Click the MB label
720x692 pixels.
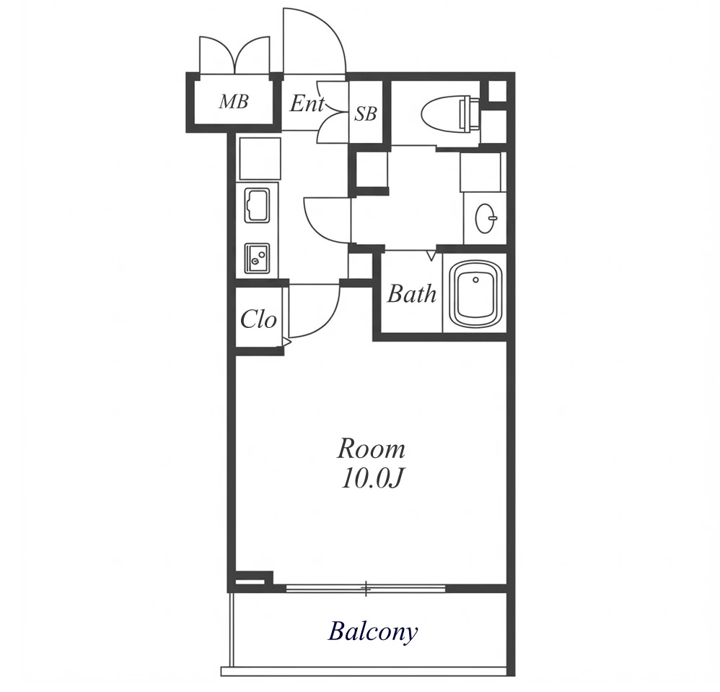pyautogui.click(x=234, y=101)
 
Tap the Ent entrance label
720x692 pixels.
pyautogui.click(x=307, y=103)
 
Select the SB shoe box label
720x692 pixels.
pyautogui.click(x=366, y=113)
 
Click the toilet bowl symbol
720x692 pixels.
pyautogui.click(x=441, y=113)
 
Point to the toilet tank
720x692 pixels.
pyautogui.click(x=469, y=113)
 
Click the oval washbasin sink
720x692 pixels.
pyautogui.click(x=486, y=218)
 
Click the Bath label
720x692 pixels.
pyautogui.click(x=411, y=294)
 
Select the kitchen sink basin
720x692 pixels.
pyautogui.click(x=257, y=205)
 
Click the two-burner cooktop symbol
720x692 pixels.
pyautogui.click(x=257, y=259)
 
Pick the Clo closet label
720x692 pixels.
pyautogui.click(x=258, y=319)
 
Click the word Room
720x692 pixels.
pyautogui.click(x=372, y=449)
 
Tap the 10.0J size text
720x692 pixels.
pyautogui.click(x=372, y=479)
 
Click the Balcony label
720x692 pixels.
pyautogui.click(x=372, y=631)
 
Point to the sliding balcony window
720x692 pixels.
pyautogui.click(x=366, y=588)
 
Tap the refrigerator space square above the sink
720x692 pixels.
pyautogui.click(x=260, y=159)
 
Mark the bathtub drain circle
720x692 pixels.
pyautogui.click(x=475, y=280)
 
